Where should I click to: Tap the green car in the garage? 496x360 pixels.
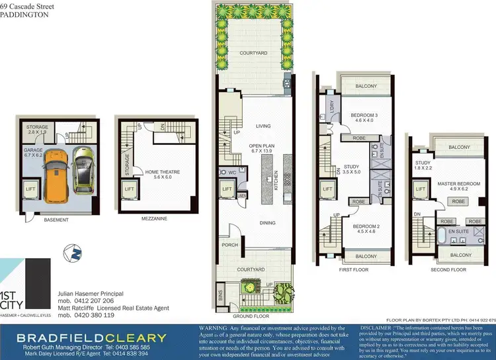tap(83, 169)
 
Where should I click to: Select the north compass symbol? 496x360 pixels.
tap(71, 251)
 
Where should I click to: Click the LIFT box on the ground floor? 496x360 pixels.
tap(227, 190)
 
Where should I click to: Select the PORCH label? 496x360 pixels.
tap(229, 245)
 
